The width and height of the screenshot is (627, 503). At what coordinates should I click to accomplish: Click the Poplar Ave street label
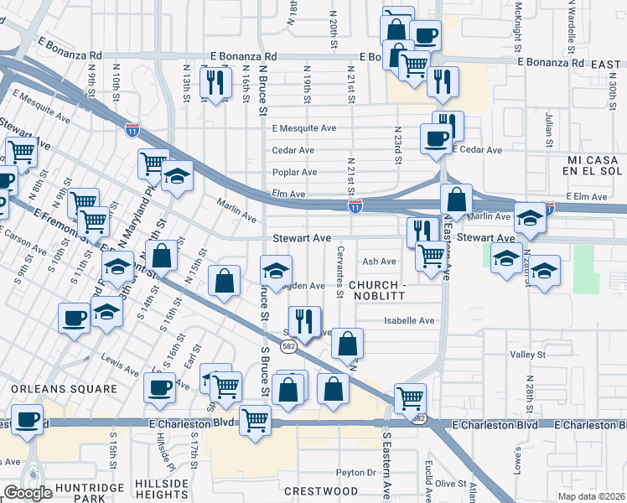293,173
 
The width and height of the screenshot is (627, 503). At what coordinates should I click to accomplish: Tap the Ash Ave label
379,262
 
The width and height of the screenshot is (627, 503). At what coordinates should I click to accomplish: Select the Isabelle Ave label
409,321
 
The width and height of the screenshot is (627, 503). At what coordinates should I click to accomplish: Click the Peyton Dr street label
360,472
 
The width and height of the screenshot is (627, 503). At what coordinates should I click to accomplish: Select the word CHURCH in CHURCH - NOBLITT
376,286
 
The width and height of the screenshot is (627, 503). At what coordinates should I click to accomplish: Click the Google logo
28,493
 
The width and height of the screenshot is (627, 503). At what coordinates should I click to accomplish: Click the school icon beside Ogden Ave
275,270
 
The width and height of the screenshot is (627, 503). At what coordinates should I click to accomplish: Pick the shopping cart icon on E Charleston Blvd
255,419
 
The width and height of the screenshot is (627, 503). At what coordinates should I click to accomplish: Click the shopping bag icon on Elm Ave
457,200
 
